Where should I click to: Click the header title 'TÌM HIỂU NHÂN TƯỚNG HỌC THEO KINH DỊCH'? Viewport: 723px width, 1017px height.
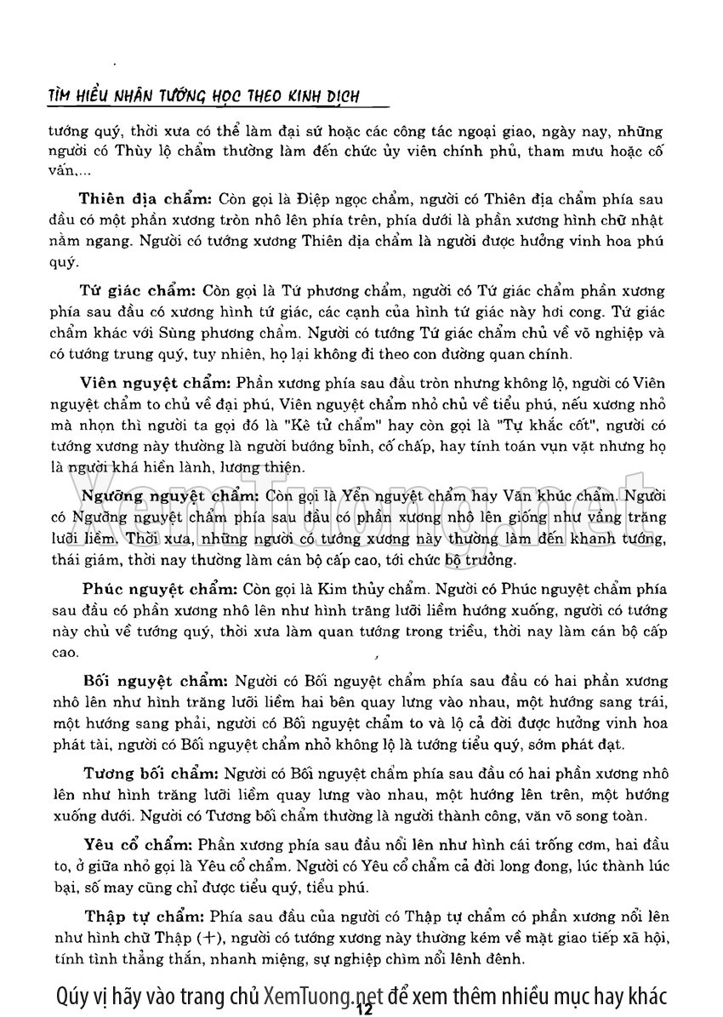pos(203,96)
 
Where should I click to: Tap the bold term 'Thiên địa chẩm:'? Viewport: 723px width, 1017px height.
pos(145,200)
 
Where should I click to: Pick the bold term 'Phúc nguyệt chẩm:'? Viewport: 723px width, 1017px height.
pos(158,588)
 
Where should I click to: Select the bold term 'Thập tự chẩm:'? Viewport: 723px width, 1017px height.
pos(143,917)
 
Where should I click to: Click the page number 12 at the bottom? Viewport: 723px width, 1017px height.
pos(366,1009)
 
